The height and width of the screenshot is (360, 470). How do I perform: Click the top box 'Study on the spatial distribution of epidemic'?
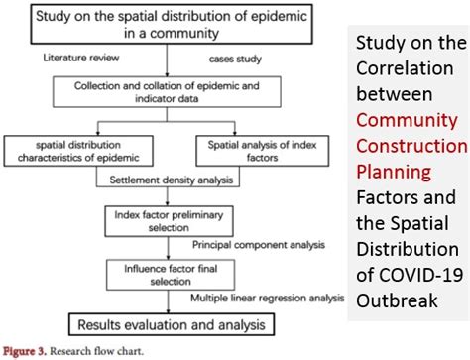pos(168,25)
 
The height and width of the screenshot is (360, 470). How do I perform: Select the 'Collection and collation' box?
pos(168,92)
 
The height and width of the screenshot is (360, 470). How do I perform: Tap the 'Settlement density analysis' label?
pos(164,180)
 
